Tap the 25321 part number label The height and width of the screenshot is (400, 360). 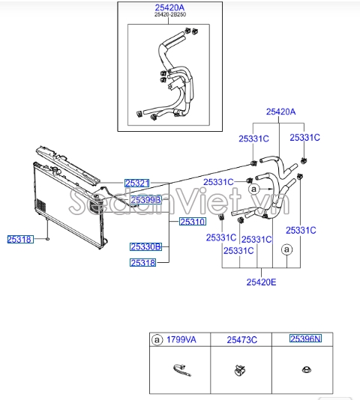point(137,183)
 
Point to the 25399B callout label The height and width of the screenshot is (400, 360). point(142,200)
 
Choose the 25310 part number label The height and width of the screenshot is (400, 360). point(192,222)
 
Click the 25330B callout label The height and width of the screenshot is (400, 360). point(144,246)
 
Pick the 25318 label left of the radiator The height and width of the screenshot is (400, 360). point(19,239)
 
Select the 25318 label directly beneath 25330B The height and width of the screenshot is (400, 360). point(142,263)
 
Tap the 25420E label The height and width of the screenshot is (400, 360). point(261,282)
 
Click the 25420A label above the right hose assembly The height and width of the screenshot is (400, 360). point(280,112)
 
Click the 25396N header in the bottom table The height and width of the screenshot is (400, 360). point(305,339)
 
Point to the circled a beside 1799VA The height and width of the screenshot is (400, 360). point(157,339)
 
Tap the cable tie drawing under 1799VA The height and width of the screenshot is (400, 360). point(181,369)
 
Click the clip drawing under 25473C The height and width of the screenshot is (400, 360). point(238,369)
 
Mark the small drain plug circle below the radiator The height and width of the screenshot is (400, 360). point(48,240)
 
